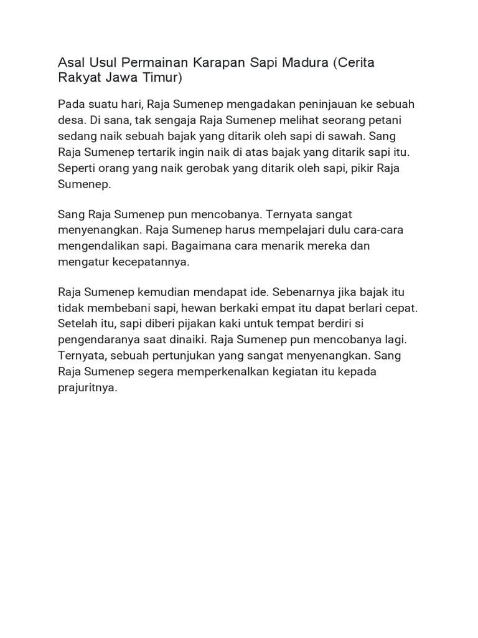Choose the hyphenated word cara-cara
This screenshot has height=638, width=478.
(381, 230)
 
